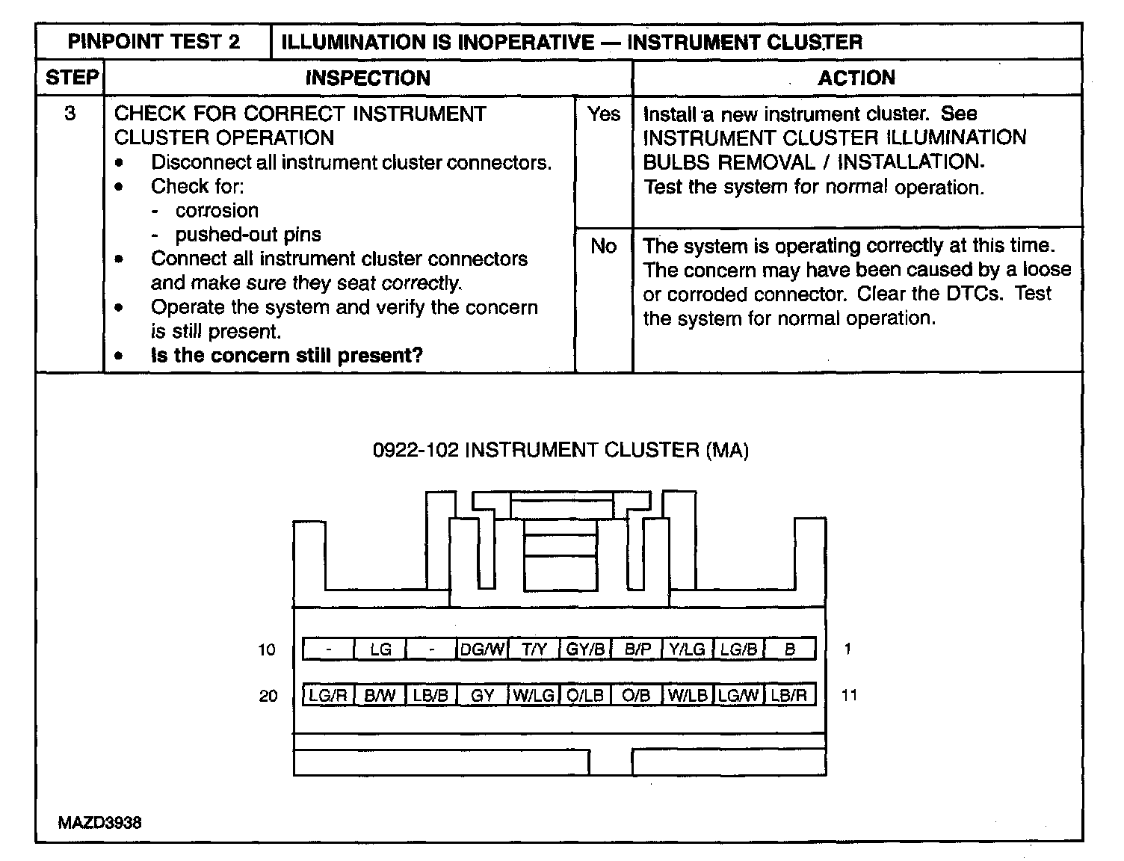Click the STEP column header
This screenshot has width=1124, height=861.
point(71,78)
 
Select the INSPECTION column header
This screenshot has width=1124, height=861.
point(368,78)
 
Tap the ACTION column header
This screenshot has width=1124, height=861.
point(856,78)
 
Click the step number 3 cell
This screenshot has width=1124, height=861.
point(70,114)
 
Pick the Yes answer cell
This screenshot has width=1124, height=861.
point(603,114)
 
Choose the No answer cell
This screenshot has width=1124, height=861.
point(603,246)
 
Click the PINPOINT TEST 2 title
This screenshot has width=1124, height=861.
point(154,42)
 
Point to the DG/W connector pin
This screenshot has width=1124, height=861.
point(482,649)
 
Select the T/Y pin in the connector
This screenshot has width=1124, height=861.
point(534,649)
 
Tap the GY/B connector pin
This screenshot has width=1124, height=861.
point(585,649)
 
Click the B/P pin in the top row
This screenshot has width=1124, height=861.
point(637,649)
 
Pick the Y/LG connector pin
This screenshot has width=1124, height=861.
point(688,649)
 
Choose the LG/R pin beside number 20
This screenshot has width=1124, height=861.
point(328,695)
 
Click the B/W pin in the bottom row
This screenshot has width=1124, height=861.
point(380,695)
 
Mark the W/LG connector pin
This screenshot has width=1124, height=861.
point(534,695)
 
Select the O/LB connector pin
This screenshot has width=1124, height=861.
point(585,695)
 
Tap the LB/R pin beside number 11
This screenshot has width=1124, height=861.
point(789,695)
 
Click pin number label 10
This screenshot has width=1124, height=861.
point(267,649)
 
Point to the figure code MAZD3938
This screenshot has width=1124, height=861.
point(99,823)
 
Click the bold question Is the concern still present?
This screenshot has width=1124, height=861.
point(287,355)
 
